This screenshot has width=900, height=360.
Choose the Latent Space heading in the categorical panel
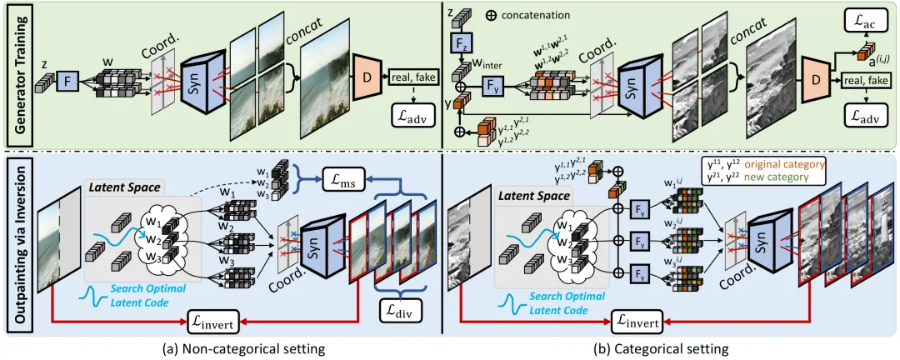(534, 197)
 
